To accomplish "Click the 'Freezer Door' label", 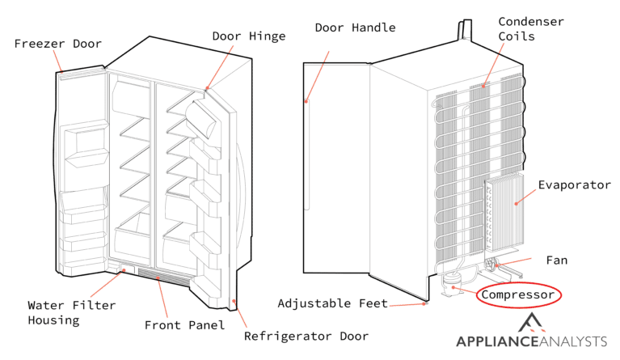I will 58,43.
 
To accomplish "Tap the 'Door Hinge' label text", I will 248,36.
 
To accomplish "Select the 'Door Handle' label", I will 355,28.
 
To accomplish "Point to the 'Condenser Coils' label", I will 530,28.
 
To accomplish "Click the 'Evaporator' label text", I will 576,185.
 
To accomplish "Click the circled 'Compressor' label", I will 518,295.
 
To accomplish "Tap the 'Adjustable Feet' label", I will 332,303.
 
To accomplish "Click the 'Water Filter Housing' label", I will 72,312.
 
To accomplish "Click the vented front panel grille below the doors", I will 162,277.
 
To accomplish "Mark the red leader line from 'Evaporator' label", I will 529,191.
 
